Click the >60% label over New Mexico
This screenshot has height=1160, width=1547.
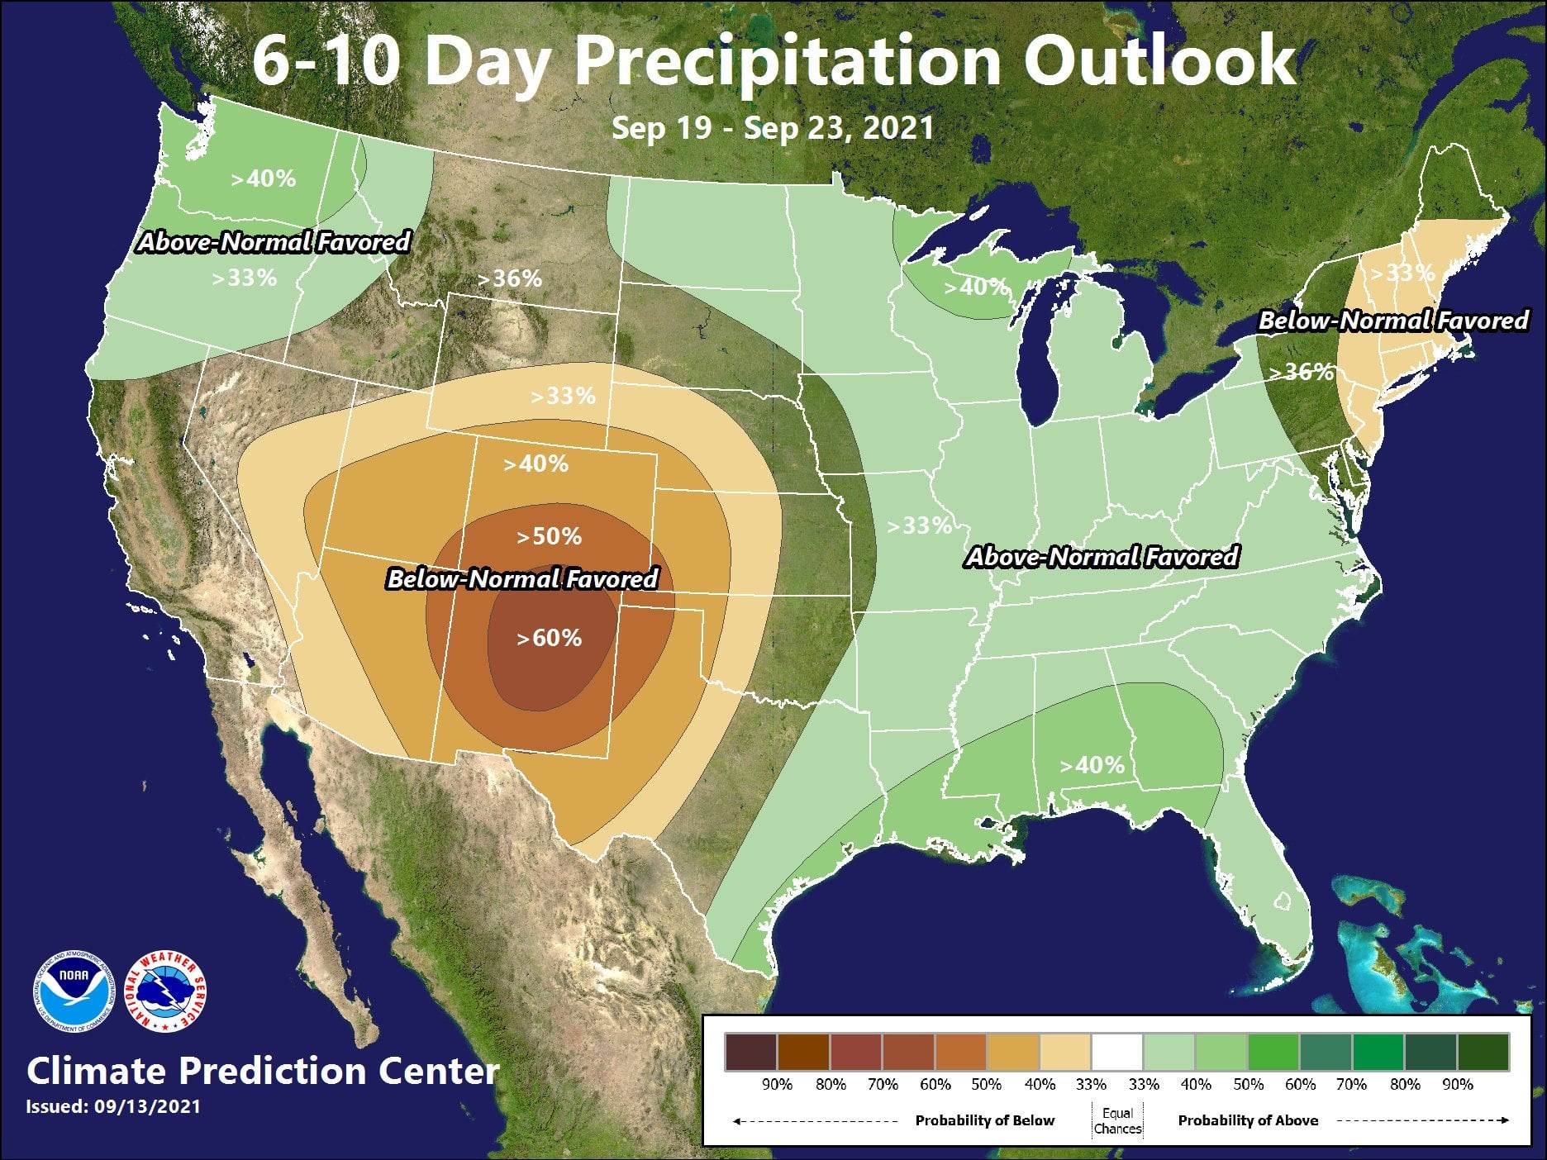(549, 638)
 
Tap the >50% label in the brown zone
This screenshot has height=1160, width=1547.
(549, 537)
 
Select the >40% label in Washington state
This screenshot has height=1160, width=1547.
(263, 178)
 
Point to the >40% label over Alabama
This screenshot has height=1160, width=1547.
(1092, 765)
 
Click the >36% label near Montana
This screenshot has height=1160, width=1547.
(510, 278)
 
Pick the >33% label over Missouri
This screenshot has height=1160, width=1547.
(919, 525)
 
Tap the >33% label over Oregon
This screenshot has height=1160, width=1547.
(244, 278)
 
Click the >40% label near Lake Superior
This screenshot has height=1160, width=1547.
(976, 287)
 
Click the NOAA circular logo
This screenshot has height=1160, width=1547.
(73, 994)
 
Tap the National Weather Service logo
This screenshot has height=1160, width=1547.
(165, 994)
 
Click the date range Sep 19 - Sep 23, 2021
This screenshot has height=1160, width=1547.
(773, 128)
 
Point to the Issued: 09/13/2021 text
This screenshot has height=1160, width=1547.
(113, 1106)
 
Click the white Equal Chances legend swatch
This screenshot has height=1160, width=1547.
(1117, 1053)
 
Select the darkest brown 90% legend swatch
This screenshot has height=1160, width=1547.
(750, 1053)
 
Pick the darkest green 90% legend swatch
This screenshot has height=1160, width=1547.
(1483, 1053)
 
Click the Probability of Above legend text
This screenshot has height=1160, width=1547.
(1248, 1120)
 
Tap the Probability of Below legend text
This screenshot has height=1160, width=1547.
(984, 1120)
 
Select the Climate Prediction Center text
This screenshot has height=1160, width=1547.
(263, 1071)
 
